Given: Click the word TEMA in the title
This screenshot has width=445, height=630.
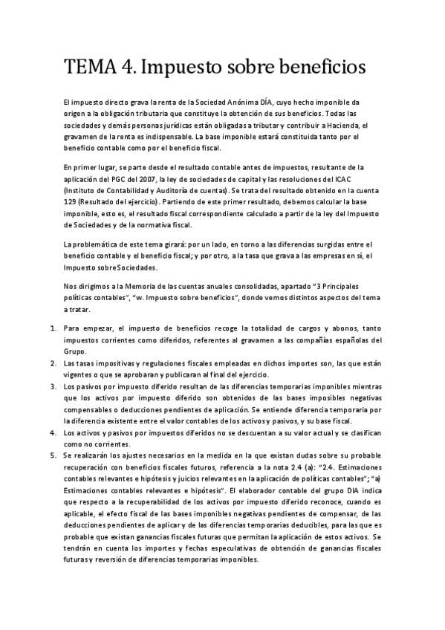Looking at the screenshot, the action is [88, 68].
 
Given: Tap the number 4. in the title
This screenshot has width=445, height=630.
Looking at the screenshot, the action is [123, 68].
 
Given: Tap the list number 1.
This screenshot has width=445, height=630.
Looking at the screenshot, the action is [53, 328].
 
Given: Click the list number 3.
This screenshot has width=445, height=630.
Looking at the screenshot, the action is [53, 387].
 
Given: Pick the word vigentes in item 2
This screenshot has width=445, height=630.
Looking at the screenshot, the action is [79, 375].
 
